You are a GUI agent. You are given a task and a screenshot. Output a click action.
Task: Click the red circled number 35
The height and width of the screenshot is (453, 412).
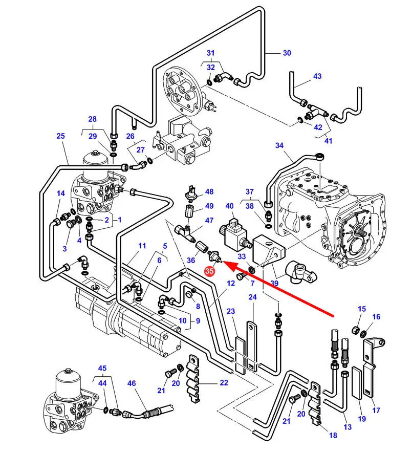point(209,272)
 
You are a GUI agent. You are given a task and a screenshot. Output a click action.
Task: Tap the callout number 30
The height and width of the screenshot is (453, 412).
point(286,53)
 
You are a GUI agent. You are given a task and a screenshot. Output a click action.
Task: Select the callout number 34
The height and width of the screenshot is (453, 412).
point(279,146)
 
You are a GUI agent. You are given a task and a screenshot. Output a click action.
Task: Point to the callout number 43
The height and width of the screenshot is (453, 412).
point(317,76)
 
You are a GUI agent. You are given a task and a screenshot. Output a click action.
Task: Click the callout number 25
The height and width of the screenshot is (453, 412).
point(61,136)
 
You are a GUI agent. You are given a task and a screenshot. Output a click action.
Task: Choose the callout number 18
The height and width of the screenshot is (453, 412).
point(333,435)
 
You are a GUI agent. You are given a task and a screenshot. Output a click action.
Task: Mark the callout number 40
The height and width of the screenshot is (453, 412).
point(229,206)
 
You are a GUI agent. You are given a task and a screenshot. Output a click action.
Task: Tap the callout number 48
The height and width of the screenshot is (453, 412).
point(209,192)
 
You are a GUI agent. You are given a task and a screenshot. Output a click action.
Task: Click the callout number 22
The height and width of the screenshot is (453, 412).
point(224,382)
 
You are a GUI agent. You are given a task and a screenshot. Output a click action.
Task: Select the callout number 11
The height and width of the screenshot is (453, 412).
point(142,246)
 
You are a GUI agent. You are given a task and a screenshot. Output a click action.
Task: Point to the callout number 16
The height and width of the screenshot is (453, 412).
point(376,317)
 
